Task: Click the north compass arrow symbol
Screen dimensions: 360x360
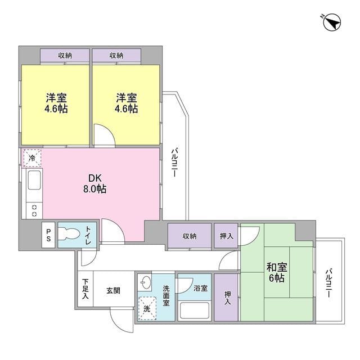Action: click(x=332, y=22)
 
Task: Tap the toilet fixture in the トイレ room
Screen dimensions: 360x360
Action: click(x=69, y=235)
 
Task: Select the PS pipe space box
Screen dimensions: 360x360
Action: click(x=48, y=235)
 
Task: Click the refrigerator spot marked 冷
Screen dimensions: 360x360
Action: click(x=32, y=157)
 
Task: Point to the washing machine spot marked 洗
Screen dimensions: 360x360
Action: click(x=147, y=308)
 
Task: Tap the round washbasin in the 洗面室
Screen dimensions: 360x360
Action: click(x=146, y=282)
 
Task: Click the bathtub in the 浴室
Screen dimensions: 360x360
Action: click(x=195, y=310)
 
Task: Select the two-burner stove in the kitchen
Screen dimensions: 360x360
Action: click(x=34, y=210)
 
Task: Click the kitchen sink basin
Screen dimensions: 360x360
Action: click(x=34, y=180)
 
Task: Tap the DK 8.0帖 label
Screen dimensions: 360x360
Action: click(x=94, y=183)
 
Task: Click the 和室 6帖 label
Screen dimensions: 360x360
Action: click(x=277, y=272)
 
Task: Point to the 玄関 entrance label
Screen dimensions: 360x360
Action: click(x=113, y=291)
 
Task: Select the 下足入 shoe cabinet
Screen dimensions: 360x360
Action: click(x=85, y=289)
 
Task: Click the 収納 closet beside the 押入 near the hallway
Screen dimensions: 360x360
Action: click(x=190, y=236)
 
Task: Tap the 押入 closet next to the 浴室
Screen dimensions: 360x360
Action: click(x=227, y=298)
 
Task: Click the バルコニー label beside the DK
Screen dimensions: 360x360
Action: click(x=174, y=163)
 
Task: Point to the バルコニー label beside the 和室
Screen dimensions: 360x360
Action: click(x=328, y=283)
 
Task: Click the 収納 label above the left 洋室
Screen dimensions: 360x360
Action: click(x=65, y=55)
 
